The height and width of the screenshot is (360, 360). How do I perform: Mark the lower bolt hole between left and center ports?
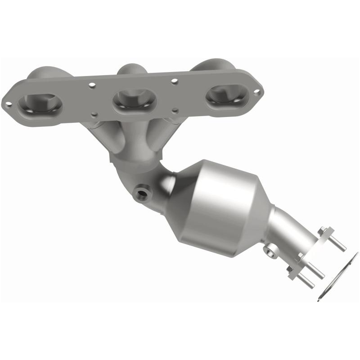pos(94,115)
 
